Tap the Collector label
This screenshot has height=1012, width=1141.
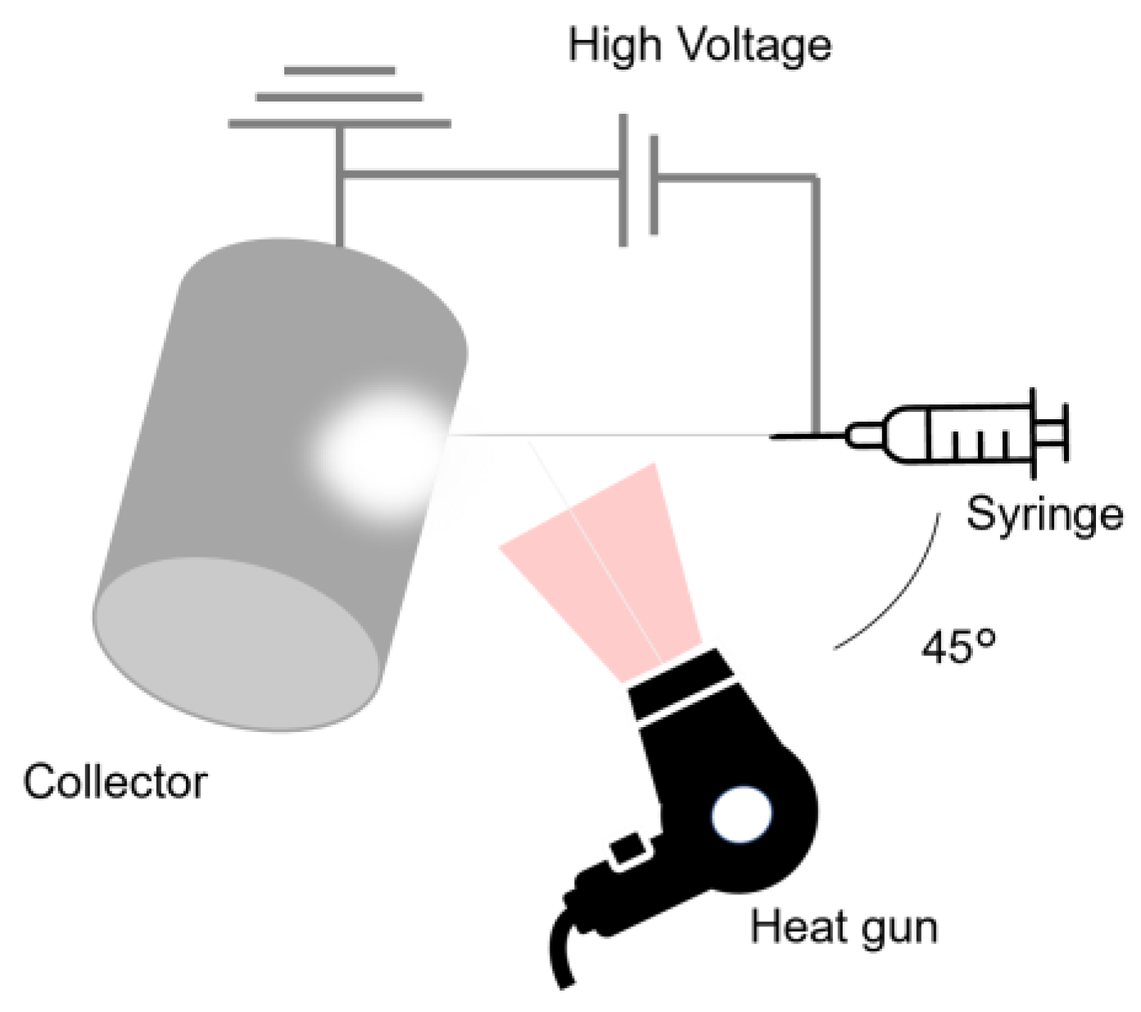(115, 782)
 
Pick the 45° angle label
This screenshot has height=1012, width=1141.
(959, 648)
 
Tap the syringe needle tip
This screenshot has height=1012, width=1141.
(774, 436)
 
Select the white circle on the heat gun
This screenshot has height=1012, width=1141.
(742, 815)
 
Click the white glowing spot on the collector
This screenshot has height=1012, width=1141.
(377, 450)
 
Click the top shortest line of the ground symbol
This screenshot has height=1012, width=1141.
(339, 71)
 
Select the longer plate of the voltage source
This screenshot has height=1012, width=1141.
(623, 180)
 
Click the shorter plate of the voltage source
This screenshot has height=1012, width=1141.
(653, 185)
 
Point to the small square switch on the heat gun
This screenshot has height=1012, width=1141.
(627, 849)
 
